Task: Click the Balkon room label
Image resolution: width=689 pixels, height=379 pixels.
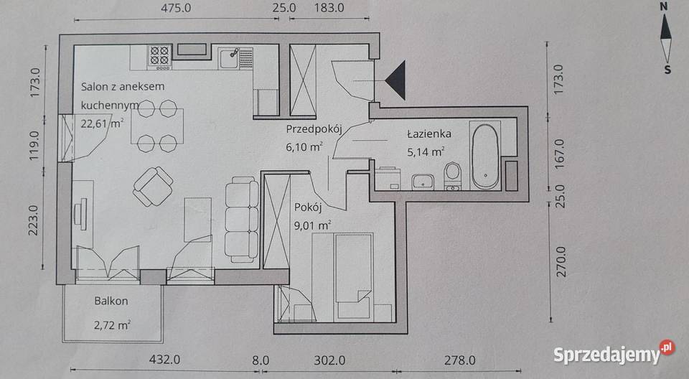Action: coord(111,301)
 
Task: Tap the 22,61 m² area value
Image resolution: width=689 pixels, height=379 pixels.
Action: coord(102,123)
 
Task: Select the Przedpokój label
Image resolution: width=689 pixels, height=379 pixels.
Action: coord(314,129)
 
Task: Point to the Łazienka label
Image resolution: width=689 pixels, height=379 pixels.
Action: coord(429,134)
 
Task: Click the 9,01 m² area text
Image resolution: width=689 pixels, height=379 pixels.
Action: coord(312,225)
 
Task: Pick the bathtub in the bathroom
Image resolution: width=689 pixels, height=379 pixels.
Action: coord(485,156)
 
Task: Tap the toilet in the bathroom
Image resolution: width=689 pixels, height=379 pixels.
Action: coord(452,176)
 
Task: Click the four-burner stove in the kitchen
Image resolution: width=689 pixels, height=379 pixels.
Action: coord(159,57)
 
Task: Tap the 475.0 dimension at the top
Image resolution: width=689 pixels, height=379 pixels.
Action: coord(176,8)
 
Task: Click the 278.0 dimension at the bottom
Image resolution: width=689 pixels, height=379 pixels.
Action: coord(459,360)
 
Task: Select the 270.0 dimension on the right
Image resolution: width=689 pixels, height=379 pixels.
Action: coord(561,261)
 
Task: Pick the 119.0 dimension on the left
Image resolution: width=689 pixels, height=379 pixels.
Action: coord(34,145)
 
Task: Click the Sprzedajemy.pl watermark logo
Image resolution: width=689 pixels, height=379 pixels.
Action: coord(614,352)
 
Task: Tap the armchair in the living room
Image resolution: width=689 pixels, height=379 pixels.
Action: coord(153,186)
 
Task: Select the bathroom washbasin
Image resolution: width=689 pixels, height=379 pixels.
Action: coord(423,182)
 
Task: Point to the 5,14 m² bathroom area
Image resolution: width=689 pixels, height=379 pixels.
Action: coord(426,152)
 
